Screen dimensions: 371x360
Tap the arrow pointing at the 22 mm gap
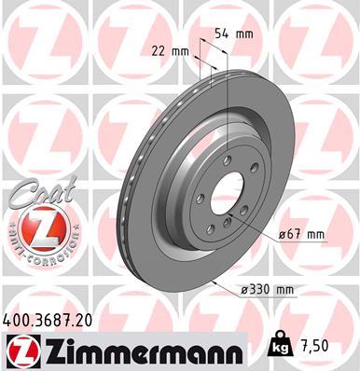pos(195,61)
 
